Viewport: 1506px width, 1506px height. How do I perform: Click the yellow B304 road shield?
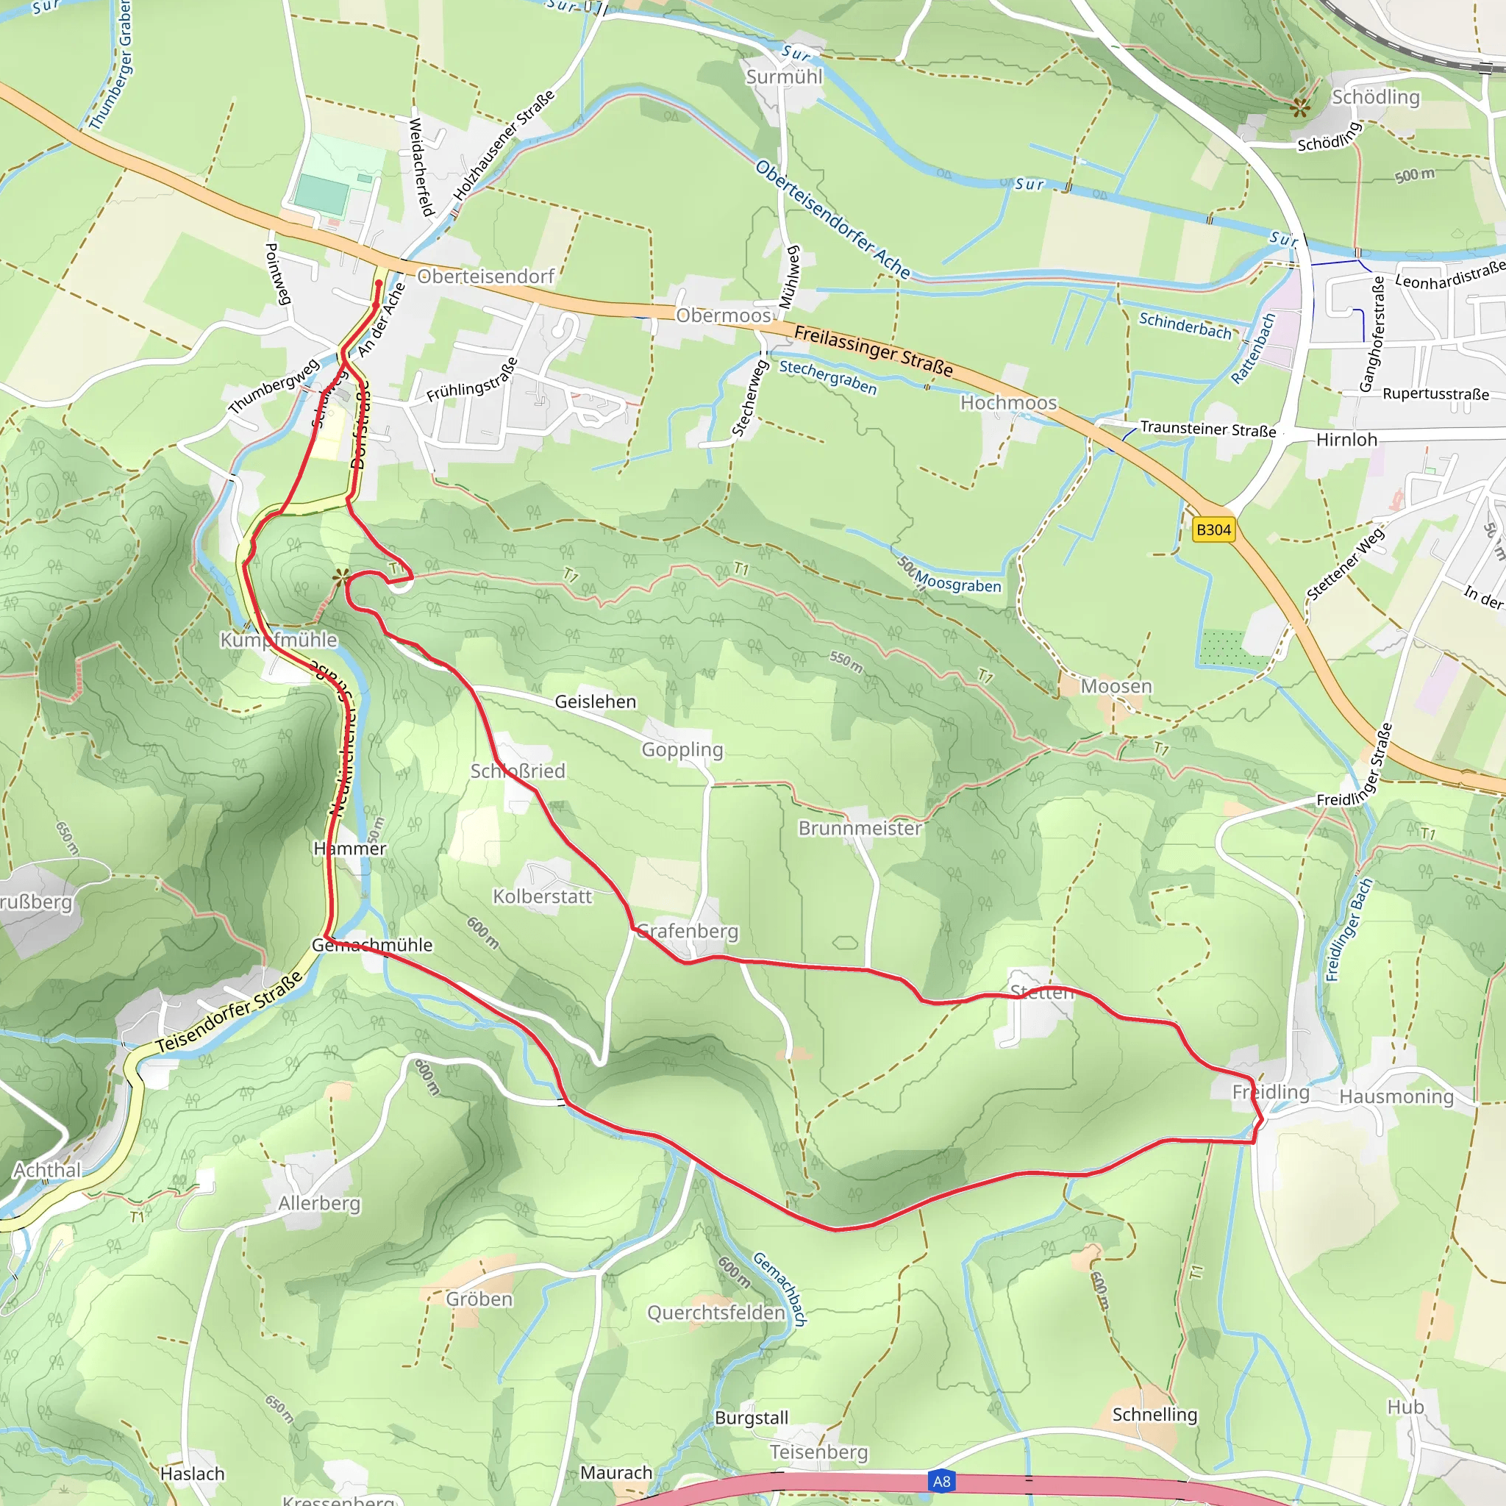(1213, 530)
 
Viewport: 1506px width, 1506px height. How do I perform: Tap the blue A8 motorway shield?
(942, 1481)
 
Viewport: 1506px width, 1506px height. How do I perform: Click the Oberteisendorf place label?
(485, 276)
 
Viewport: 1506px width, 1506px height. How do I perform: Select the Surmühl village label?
(784, 77)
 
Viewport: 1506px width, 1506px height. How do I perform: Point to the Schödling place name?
(1376, 98)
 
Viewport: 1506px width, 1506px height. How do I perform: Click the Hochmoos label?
(1009, 403)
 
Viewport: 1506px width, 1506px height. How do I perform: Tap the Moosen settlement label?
(1116, 687)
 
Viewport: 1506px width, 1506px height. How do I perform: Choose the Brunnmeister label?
(860, 829)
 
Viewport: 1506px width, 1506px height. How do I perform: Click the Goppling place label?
(682, 750)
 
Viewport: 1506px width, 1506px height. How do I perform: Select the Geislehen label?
(596, 702)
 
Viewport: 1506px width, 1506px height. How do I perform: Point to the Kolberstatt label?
(543, 897)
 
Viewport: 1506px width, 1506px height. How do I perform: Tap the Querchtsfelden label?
(715, 1313)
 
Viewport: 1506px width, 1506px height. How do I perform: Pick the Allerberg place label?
(320, 1204)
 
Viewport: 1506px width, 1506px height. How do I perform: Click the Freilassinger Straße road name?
(873, 351)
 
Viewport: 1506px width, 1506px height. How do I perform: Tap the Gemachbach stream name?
(779, 1289)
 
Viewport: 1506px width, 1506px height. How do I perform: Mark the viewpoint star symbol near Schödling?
(1299, 107)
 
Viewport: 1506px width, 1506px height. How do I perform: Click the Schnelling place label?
(1155, 1415)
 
